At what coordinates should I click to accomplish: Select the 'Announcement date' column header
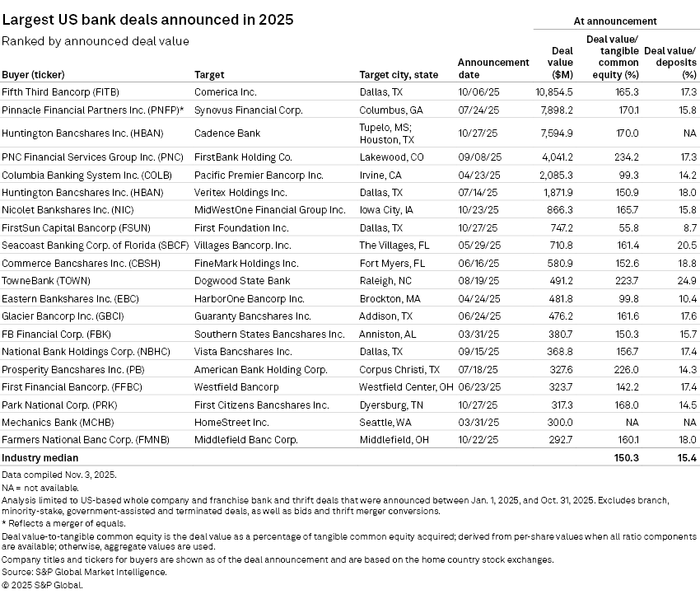493,68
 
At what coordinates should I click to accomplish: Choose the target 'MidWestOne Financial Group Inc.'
269,210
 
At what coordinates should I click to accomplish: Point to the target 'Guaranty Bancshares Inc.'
252,316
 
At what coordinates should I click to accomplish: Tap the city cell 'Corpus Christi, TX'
399,369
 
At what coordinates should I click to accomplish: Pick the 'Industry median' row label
40,457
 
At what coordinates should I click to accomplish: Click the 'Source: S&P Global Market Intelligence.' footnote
84,571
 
